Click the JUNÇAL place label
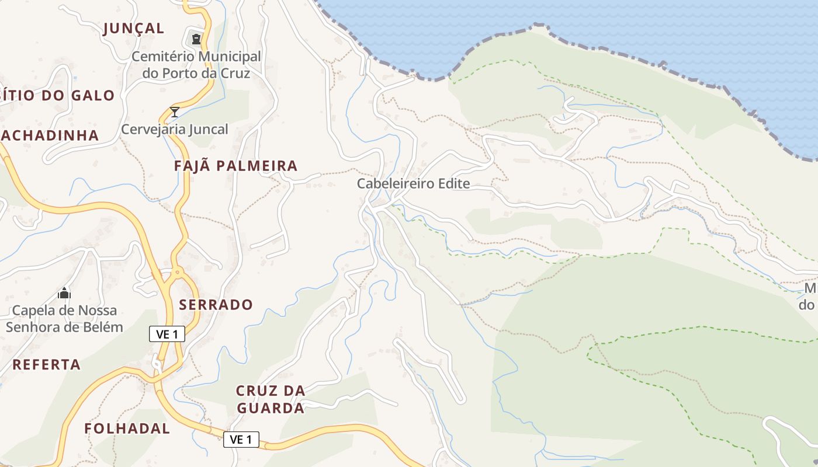click(x=134, y=28)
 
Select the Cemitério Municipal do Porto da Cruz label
click(x=196, y=65)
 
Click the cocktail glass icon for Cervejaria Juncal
click(x=174, y=111)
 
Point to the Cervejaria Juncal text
click(x=174, y=129)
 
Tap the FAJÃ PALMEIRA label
click(x=235, y=166)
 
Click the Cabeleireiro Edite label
click(x=414, y=183)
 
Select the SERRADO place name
click(x=216, y=304)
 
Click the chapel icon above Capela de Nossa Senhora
click(x=64, y=292)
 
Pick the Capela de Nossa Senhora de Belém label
click(x=64, y=318)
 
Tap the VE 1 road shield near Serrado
click(x=167, y=334)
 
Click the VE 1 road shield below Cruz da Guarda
click(x=241, y=439)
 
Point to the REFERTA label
click(x=47, y=364)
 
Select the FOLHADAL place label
click(x=127, y=428)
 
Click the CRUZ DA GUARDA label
click(x=270, y=399)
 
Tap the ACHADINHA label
click(x=50, y=135)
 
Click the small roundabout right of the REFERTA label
click(x=157, y=364)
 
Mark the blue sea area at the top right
click(x=672, y=35)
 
